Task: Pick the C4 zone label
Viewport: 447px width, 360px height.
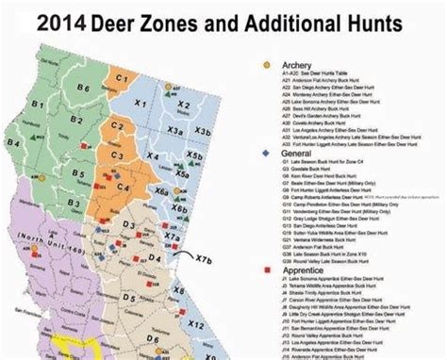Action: (121, 123)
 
